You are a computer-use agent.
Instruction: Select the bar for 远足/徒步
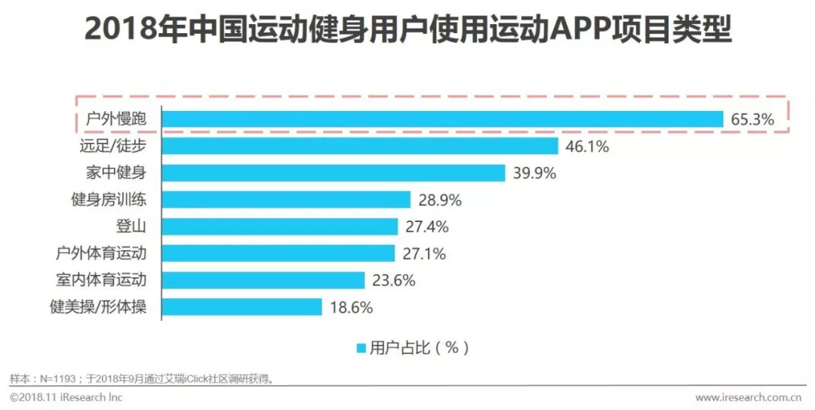tap(360, 146)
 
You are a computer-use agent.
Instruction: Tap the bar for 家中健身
tap(333, 173)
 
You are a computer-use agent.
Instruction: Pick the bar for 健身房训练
tap(286, 200)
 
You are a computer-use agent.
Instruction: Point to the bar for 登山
tap(279, 227)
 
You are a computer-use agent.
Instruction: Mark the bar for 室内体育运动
tap(263, 280)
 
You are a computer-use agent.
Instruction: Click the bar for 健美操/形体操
tap(241, 307)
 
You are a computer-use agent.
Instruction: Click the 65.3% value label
tap(752, 120)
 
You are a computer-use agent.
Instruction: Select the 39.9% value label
tap(534, 174)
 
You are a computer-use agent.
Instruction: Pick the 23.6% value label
tap(394, 281)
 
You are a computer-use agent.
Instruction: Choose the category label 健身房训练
tap(109, 200)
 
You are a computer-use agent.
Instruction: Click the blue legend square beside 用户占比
tap(361, 348)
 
